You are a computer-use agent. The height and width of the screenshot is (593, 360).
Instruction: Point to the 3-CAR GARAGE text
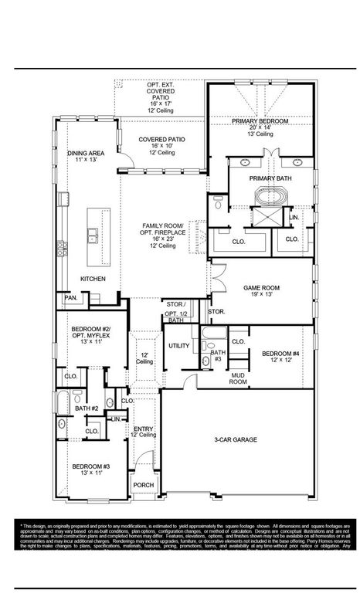pos(236,439)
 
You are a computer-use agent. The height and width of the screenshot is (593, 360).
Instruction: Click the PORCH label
pos(144,486)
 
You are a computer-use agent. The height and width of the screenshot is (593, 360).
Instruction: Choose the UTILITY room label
pos(178,345)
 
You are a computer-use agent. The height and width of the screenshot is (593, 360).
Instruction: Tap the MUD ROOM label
pos(238,378)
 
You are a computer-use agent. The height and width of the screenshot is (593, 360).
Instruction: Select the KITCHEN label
pos(93,278)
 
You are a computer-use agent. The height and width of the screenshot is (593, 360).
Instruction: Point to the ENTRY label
pos(144,429)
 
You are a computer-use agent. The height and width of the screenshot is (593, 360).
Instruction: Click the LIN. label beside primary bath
pos(294,218)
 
